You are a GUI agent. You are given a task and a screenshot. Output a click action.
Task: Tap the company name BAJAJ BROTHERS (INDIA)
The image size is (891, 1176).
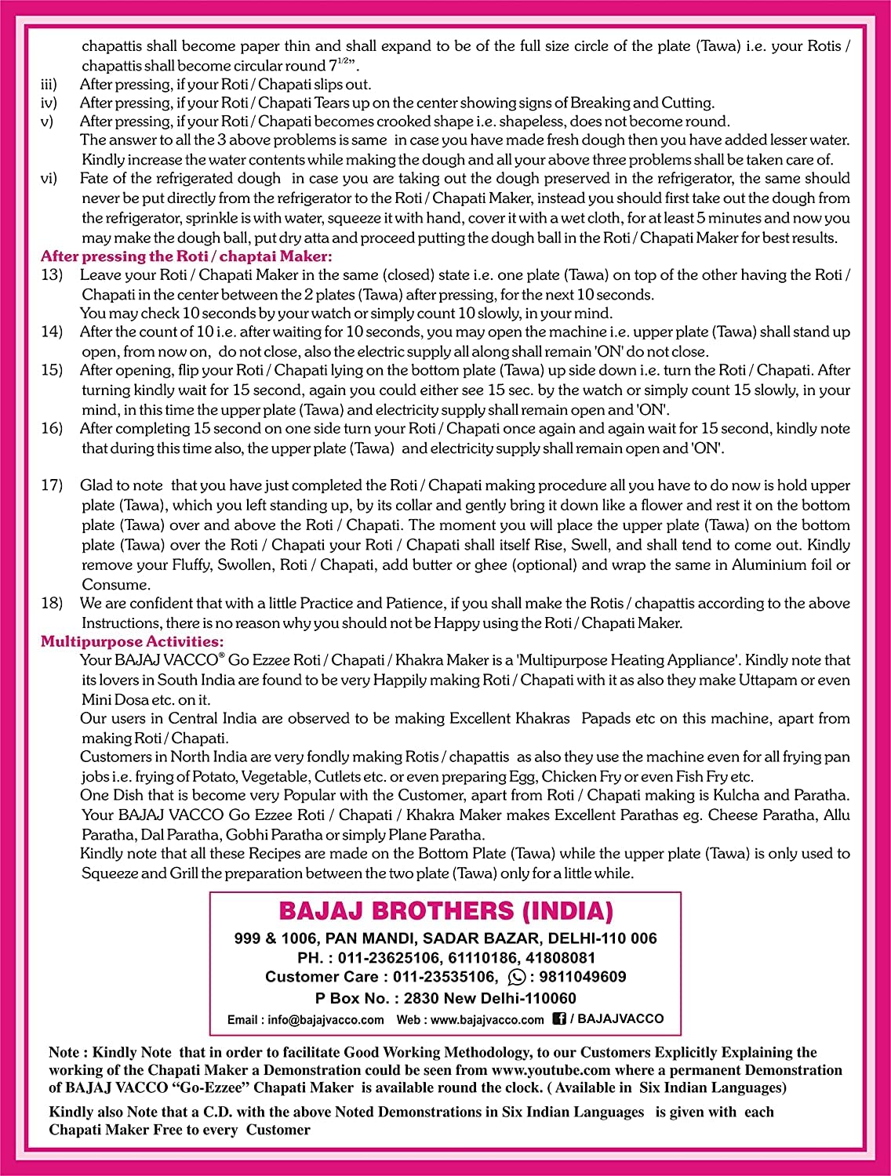pos(445,911)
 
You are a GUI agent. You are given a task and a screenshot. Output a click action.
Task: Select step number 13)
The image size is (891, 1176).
pos(52,275)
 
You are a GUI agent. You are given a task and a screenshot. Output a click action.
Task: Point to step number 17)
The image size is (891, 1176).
pos(52,486)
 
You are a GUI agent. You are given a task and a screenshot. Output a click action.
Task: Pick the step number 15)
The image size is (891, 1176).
pos(52,370)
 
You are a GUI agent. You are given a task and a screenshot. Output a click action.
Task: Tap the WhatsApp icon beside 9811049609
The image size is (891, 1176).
pos(517,977)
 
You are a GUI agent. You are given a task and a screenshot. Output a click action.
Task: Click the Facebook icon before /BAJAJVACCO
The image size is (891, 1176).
pos(559,1018)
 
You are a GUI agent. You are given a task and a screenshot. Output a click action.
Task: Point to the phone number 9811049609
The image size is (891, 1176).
pos(579,977)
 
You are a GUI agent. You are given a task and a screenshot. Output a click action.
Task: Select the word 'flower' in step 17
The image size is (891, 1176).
pos(686,506)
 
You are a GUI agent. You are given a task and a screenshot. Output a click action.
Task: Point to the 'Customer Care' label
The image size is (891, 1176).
pos(325,977)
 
